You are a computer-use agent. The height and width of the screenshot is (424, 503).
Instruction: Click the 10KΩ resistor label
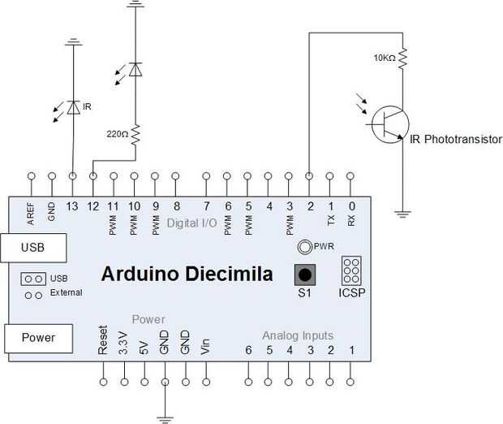click(385, 58)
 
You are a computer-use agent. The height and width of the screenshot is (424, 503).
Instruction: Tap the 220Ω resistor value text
click(118, 134)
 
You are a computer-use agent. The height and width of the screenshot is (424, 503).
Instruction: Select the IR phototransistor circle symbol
click(390, 124)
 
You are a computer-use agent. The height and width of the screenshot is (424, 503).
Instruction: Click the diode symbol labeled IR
click(74, 107)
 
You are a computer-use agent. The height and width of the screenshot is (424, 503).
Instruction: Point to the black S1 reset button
click(305, 275)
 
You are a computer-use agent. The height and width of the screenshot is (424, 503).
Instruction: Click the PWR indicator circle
click(305, 247)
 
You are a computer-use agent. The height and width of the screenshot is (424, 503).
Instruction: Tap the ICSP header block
click(351, 270)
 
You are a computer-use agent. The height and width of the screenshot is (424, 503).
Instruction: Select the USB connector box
click(33, 248)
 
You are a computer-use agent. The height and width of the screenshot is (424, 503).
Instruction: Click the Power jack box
click(38, 338)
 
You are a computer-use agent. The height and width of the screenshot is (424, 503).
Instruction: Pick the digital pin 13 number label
click(72, 206)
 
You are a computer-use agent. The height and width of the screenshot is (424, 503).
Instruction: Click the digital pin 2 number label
click(310, 206)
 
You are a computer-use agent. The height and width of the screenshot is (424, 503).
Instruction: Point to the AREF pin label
click(31, 214)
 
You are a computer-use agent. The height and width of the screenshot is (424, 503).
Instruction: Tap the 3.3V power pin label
click(123, 343)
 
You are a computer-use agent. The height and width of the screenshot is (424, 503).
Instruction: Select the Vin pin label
click(205, 347)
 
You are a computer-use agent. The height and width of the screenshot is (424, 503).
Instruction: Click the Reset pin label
click(103, 340)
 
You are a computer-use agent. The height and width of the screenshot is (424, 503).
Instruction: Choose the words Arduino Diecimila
click(187, 274)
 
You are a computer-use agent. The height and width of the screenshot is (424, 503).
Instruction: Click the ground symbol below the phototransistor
click(402, 214)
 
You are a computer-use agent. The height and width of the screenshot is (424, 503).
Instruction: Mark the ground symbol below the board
click(166, 419)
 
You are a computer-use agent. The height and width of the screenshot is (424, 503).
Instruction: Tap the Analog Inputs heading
click(298, 335)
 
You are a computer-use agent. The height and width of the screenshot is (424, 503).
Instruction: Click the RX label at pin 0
click(351, 220)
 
